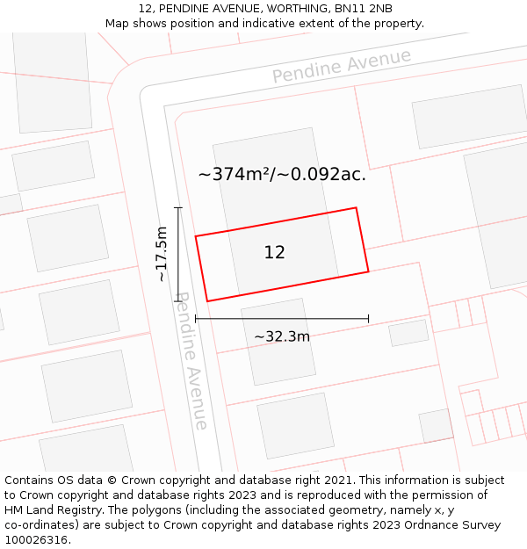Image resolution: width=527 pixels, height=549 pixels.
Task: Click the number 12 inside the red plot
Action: coord(274,253)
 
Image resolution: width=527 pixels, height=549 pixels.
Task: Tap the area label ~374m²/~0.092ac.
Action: coord(282,174)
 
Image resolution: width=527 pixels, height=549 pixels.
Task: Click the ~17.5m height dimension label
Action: coord(162,254)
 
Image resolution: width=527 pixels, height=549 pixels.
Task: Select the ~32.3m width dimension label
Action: coord(282,336)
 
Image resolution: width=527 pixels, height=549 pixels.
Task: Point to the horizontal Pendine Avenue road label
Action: coord(341,67)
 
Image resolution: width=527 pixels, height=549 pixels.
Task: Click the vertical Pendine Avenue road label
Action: coord(192,361)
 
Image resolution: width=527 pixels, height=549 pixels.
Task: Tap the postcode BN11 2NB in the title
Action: coord(363,9)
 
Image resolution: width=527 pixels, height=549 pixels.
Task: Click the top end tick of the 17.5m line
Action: coord(178,208)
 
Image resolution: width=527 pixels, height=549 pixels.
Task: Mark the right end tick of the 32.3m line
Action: coord(368,318)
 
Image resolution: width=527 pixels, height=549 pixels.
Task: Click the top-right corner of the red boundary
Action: coord(356,208)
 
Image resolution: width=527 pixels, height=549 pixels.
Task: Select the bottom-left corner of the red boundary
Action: coord(207,301)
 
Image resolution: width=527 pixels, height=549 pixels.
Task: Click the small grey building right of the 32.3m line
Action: coord(408,333)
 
